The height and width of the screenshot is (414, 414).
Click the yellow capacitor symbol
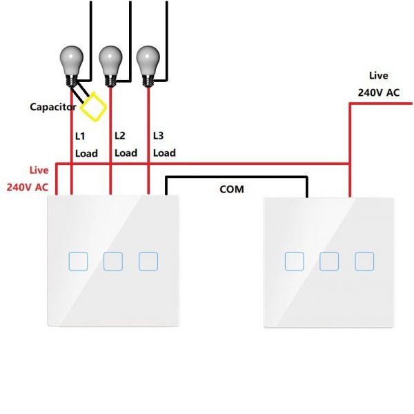click(94, 106)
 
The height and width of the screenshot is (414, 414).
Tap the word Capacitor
click(53, 107)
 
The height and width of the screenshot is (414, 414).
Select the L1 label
click(81, 136)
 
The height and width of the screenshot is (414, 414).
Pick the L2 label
click(120, 135)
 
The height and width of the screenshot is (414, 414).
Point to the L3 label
click(159, 135)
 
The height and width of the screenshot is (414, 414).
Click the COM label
click(231, 188)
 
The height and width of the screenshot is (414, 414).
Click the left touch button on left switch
click(78, 261)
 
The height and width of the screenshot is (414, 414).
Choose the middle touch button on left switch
click(113, 261)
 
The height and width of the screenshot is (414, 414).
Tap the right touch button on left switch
click(148, 261)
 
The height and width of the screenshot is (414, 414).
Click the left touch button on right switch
click(295, 261)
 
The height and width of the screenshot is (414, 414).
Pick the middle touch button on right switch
click(330, 261)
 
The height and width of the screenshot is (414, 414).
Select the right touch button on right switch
click(364, 261)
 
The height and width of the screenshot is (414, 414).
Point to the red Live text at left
click(39, 170)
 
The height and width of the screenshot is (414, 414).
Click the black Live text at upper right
click(378, 76)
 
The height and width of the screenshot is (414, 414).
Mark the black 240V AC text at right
click(378, 92)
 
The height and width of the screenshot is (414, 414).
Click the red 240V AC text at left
click(28, 186)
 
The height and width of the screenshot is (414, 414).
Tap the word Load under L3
click(164, 153)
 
